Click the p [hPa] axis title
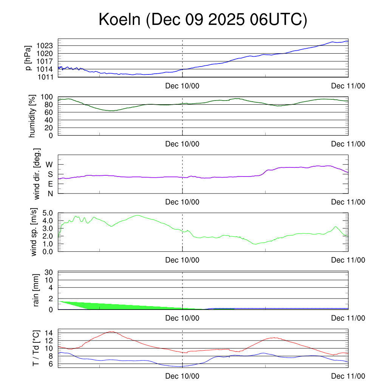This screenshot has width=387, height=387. [x=28, y=58]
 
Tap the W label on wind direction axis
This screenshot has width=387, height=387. [x=49, y=165]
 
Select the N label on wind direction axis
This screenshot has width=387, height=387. [x=50, y=193]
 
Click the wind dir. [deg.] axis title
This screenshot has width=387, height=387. [x=37, y=174]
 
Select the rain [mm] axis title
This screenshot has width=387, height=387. [x=37, y=290]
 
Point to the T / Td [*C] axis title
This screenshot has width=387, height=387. [x=36, y=348]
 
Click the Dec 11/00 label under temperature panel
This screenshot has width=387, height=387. [x=348, y=376]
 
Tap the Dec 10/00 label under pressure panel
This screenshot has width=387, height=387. [x=182, y=86]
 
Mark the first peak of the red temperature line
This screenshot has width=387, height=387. [x=111, y=331]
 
